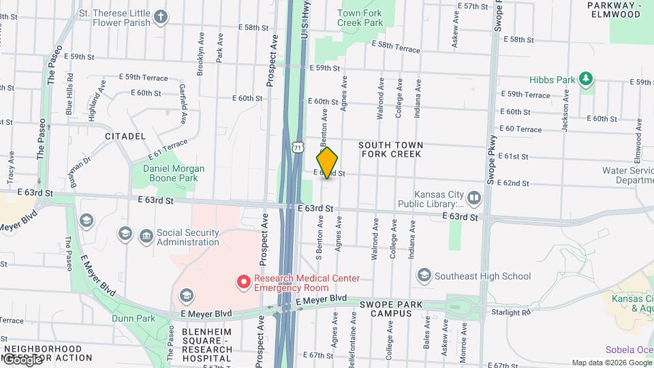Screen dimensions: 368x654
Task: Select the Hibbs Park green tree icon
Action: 585,80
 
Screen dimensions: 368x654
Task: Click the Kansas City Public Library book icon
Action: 474,198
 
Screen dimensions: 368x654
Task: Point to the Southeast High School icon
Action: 424,275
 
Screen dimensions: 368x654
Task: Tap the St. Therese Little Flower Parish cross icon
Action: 160,18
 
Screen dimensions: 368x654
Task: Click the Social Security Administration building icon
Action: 146,236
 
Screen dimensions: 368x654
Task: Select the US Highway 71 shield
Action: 297,147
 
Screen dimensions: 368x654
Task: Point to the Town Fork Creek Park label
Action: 360,18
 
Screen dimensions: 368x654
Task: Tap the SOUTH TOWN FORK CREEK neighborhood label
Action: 390,149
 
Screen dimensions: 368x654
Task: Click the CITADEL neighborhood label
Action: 125,136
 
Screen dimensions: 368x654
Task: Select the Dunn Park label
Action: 134,318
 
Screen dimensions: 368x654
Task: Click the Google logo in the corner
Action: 22,359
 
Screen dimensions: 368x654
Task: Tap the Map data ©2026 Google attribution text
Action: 611,363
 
